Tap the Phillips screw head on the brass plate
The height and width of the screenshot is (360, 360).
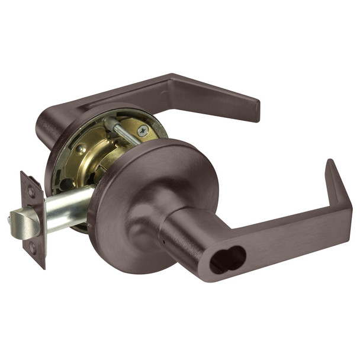point(142,131)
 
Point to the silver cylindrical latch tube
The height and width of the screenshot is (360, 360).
point(68,207)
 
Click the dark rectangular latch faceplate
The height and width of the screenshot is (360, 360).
point(33,220)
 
